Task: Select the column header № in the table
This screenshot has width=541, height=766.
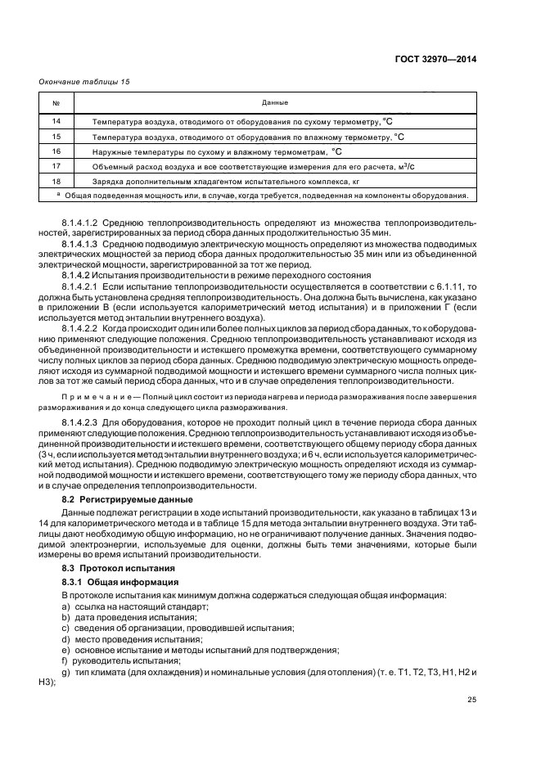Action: (56, 102)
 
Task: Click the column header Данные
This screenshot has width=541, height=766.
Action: (274, 102)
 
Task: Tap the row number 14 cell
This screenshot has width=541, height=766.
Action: (56, 121)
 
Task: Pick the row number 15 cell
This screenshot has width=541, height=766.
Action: (56, 137)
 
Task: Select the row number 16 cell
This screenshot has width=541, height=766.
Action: (56, 151)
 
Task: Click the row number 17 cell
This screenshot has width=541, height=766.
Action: (56, 166)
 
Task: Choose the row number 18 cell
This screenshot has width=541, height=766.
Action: (56, 181)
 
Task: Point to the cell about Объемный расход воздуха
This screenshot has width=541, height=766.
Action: (229, 166)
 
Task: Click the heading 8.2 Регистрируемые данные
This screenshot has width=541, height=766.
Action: (128, 498)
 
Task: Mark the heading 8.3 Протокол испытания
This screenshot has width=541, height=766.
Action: (123, 567)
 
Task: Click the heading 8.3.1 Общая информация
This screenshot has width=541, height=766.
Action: (114, 581)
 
